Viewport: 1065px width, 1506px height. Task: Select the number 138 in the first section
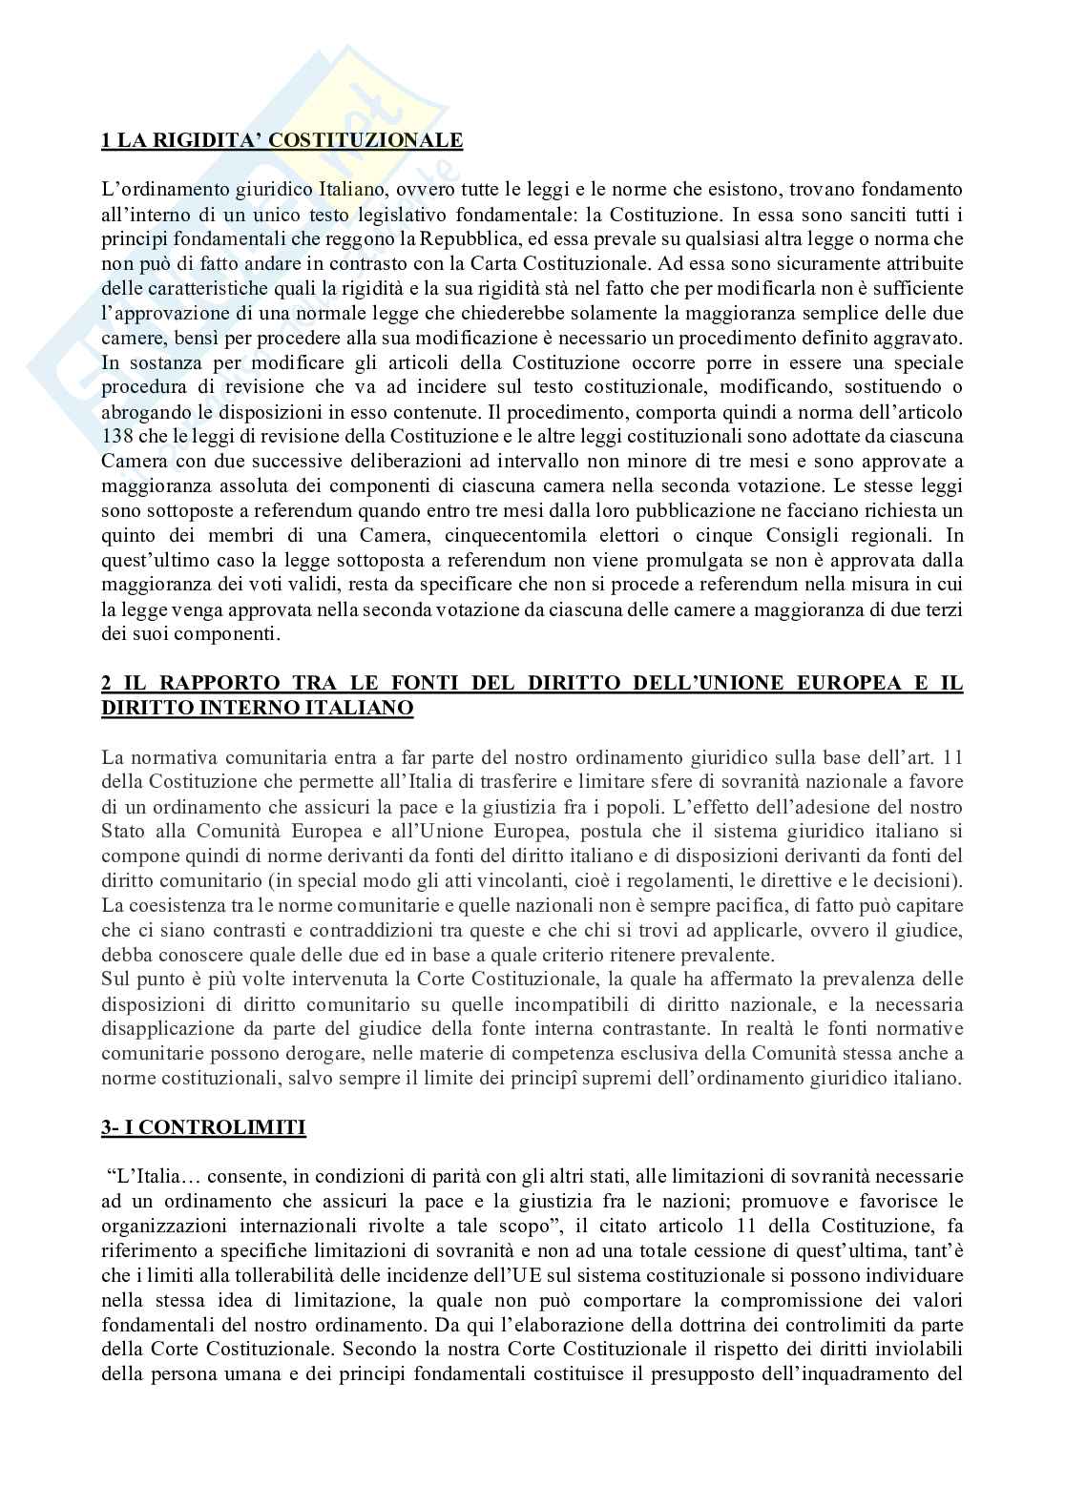tap(116, 437)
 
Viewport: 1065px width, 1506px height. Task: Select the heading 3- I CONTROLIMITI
tap(203, 1127)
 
